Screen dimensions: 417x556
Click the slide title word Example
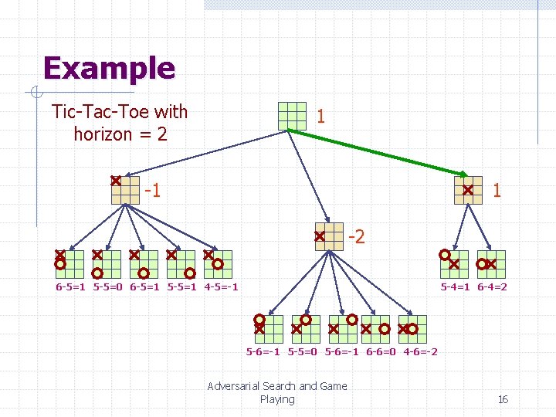tap(109, 69)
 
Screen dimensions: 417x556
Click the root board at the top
tap(293, 116)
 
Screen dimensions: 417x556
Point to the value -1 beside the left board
tap(153, 190)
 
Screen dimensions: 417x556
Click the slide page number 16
tap(503, 399)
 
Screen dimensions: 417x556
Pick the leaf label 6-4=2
tap(492, 287)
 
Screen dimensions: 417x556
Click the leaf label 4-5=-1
tap(222, 287)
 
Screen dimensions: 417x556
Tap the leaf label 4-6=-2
tap(420, 352)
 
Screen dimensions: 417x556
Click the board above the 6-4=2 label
tap(492, 263)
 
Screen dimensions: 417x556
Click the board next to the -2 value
tap(328, 237)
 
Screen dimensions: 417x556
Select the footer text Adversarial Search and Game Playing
tap(277, 392)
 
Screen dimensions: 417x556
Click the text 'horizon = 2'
tap(120, 134)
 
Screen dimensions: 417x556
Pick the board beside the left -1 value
tap(125, 190)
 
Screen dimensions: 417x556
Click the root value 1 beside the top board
tap(320, 117)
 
